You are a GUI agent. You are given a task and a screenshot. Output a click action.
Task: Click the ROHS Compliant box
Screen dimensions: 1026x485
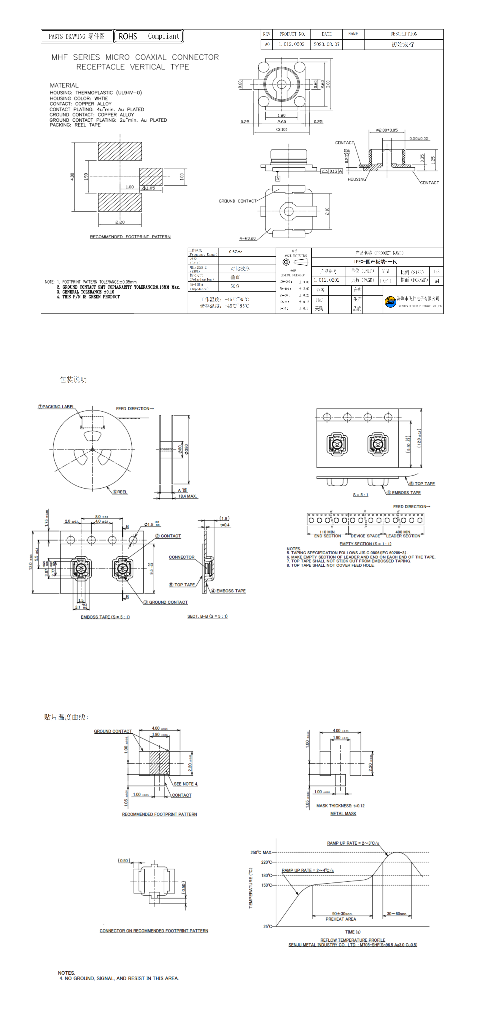[149, 36]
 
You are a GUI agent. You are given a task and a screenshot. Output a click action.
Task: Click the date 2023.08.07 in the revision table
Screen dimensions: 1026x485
[326, 44]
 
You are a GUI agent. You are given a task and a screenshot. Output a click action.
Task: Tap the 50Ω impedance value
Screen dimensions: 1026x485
[235, 286]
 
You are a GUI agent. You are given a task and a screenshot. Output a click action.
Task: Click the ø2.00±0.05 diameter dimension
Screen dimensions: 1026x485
[386, 130]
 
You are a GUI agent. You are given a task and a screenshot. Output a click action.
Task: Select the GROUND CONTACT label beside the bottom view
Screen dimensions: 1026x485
[237, 201]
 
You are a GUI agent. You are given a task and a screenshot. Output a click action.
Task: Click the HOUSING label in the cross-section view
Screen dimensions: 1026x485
[357, 179]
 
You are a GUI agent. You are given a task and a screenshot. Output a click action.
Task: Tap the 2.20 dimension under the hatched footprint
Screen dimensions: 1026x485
[120, 222]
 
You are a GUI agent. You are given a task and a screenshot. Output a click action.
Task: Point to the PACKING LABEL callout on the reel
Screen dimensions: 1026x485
[56, 407]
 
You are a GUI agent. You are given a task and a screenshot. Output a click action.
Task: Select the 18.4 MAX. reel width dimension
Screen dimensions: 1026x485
[187, 496]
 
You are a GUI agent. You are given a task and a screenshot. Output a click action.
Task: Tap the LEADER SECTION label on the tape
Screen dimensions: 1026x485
[403, 536]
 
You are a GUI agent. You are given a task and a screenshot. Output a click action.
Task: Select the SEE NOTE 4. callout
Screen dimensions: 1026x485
[186, 784]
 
